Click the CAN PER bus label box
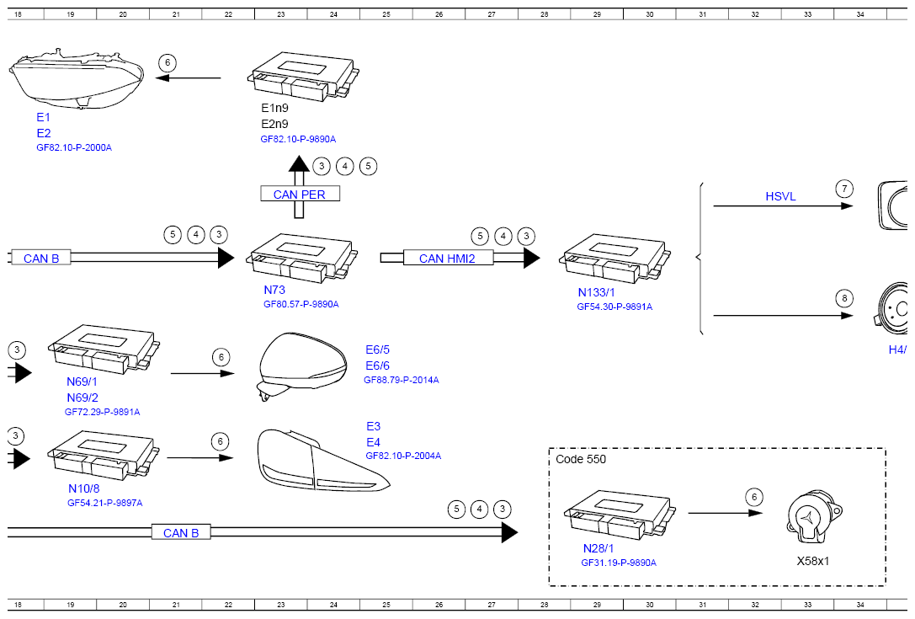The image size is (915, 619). click(300, 194)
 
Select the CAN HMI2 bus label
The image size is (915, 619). click(448, 258)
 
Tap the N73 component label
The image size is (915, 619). click(274, 290)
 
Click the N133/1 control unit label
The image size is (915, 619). click(596, 292)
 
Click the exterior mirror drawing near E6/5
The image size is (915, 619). click(301, 365)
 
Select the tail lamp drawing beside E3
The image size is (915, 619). click(322, 460)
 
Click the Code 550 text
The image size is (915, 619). click(581, 459)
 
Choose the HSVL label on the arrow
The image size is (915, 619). click(781, 196)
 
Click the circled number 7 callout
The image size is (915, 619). click(844, 189)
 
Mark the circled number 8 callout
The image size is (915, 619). click(844, 298)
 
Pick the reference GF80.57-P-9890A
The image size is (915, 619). click(301, 304)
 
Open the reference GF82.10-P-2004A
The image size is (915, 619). click(403, 456)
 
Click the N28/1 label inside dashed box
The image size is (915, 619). click(598, 548)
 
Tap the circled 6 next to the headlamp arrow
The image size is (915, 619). click(168, 62)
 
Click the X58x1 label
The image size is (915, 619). click(813, 561)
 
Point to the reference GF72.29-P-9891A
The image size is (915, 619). click(102, 412)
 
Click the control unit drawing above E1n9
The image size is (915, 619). click(303, 77)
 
